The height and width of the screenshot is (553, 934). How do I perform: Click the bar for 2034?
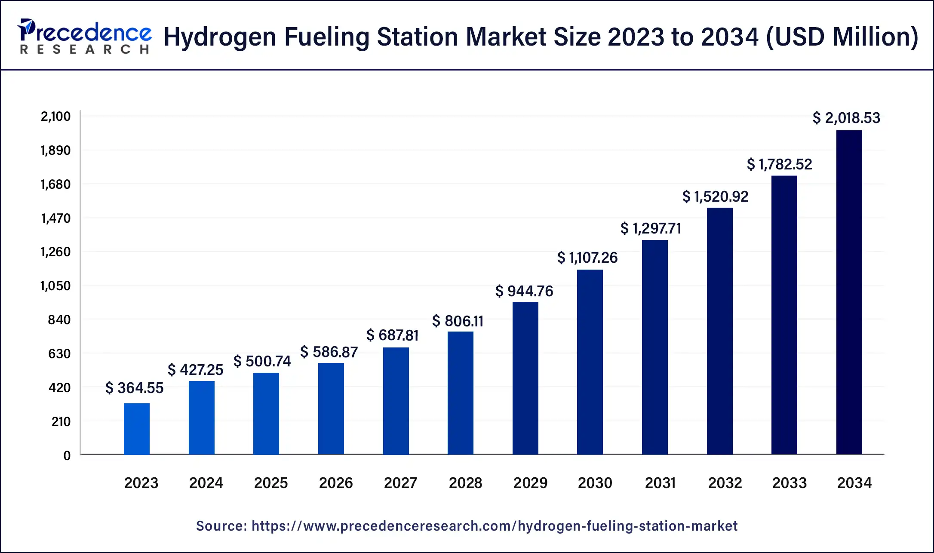pos(849,292)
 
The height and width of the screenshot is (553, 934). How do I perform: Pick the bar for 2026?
pos(331,409)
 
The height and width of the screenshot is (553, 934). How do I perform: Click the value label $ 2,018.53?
pos(846,118)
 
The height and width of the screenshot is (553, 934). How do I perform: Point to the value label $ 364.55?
pos(135,388)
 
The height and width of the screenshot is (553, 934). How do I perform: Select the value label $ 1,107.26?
pos(587,258)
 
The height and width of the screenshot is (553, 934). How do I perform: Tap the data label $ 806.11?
pos(458,321)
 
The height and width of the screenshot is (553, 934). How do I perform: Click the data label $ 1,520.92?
pos(715,197)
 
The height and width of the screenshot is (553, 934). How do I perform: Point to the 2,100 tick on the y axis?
pos(55,117)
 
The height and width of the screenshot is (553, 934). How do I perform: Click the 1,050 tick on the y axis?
pos(55,286)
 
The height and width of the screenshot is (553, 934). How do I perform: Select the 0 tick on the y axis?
pos(67,456)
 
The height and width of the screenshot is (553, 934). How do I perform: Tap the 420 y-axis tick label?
pos(59,388)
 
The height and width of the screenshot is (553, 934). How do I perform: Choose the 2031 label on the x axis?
pos(660,483)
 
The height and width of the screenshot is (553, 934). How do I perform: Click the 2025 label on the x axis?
pos(271,483)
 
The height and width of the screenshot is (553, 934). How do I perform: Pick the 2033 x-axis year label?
pos(790,483)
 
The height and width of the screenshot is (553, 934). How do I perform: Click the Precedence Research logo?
pos(84,37)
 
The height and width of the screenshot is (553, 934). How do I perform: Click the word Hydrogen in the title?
pos(220,37)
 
